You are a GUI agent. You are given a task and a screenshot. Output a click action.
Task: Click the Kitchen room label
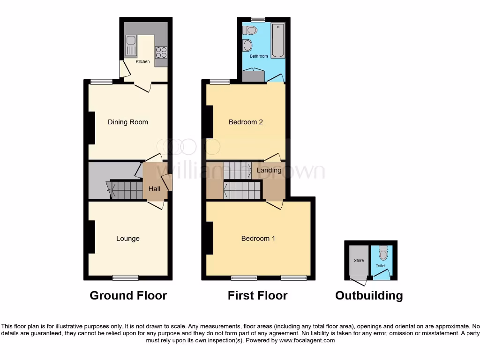(x=143, y=61)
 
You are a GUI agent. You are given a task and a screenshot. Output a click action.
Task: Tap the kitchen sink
(x=130, y=46)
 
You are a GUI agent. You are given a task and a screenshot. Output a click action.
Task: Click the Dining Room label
(x=127, y=122)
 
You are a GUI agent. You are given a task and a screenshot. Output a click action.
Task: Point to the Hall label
(x=154, y=189)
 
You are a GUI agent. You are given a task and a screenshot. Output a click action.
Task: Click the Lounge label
(x=128, y=239)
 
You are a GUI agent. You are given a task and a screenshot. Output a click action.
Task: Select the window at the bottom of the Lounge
(x=125, y=277)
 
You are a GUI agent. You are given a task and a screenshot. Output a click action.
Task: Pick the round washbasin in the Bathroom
(x=247, y=46)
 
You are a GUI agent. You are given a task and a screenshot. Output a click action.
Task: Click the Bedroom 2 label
(x=246, y=122)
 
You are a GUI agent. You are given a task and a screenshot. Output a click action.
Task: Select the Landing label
(x=269, y=170)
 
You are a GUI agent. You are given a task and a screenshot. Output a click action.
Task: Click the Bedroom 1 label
(x=258, y=239)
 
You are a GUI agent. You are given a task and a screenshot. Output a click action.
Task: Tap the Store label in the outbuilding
(x=359, y=261)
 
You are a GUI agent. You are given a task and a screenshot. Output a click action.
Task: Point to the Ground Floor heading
(x=128, y=296)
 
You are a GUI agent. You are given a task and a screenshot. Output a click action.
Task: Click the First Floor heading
(x=257, y=296)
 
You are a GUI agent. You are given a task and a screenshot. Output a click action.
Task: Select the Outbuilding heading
(x=369, y=296)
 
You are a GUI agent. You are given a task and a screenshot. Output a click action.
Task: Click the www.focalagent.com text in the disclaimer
(x=307, y=341)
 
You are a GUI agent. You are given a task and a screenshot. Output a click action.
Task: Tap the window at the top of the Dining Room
(x=101, y=82)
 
